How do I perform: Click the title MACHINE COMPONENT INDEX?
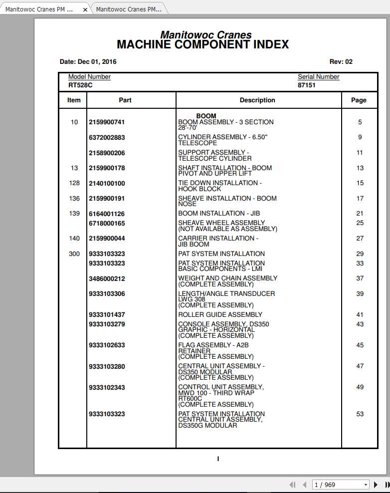(x=202, y=44)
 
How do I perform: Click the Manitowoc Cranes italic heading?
(x=205, y=35)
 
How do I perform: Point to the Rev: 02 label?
(x=341, y=62)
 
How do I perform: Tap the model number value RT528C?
(x=80, y=85)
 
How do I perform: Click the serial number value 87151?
(x=307, y=85)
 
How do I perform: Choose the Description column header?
(x=257, y=100)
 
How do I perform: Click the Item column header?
(x=74, y=100)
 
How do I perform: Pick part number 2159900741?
(x=107, y=122)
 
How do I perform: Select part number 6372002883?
(x=107, y=137)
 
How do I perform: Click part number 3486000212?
(x=107, y=278)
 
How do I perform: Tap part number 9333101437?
(x=107, y=315)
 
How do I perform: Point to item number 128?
(x=74, y=183)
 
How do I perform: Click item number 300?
(x=74, y=254)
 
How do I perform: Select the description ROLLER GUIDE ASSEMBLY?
(x=220, y=315)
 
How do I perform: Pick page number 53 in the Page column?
(x=360, y=414)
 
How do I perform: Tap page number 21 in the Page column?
(x=360, y=214)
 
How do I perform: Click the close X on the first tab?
(x=85, y=9)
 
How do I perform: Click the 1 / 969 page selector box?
(x=341, y=485)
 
